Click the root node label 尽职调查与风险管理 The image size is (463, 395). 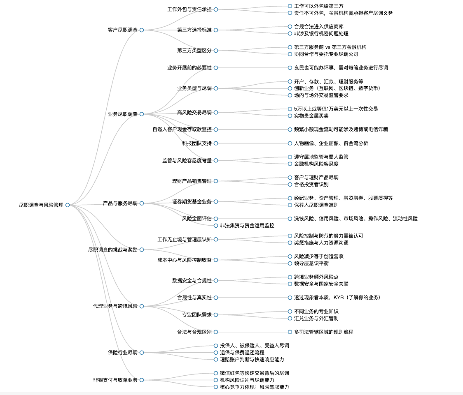tap(41, 205)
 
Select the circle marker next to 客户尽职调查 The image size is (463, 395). tap(142, 30)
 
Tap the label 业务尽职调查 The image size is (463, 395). tap(123, 114)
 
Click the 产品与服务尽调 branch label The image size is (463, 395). tap(120, 203)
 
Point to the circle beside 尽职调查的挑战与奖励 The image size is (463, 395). tap(142, 250)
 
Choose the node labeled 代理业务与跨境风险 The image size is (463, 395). tap(115, 306)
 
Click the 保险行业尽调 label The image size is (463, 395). tap(123, 353)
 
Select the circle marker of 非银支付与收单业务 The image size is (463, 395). tap(142, 380)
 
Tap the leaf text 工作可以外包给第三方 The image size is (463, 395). tap(318, 6)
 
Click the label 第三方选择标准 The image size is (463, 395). tap(194, 30)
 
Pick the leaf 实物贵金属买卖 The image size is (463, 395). tap(311, 116)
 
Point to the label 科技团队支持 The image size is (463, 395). tap(197, 143)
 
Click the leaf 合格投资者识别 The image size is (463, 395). tap(311, 185)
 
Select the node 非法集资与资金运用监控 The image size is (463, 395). tap(247, 226)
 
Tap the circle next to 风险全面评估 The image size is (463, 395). tap(216, 219)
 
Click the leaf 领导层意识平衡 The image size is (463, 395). tap(311, 263)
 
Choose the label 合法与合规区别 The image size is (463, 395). tap(194, 332)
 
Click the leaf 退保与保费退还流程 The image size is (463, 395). tap(242, 353)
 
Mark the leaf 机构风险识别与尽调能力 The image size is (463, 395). tap(247, 380)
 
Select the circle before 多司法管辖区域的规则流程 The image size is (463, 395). tap(290, 332)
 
